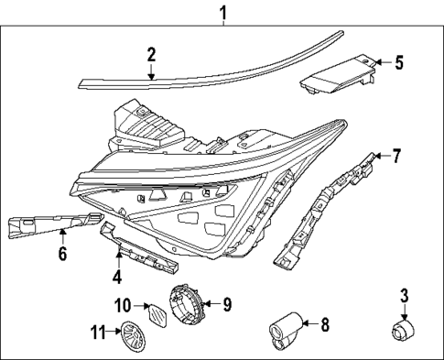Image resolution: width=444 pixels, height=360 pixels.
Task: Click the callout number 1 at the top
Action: (x=222, y=12)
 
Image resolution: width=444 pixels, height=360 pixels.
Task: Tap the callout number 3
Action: (x=404, y=295)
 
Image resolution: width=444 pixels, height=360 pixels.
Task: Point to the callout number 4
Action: (x=117, y=275)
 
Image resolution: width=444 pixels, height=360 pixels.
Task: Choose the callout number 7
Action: (x=395, y=156)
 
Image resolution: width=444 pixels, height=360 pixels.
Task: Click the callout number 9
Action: (x=228, y=303)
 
